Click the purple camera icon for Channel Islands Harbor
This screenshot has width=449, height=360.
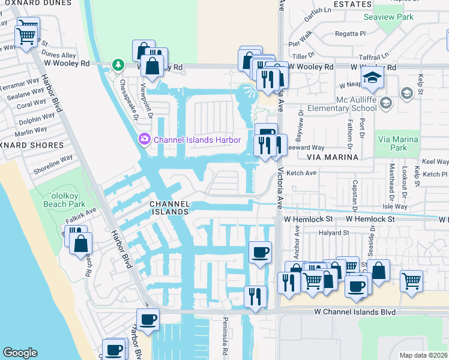[x=144, y=140]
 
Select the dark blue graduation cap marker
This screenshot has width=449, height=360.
[x=372, y=78]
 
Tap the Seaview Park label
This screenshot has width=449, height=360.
[x=389, y=17]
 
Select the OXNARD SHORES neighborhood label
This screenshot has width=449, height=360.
[x=31, y=145]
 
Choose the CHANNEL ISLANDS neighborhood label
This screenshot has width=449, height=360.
[x=169, y=208]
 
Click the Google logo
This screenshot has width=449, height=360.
[x=20, y=353]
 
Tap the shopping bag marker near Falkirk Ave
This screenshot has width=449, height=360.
[x=80, y=244]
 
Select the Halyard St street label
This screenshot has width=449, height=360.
[x=334, y=233]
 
